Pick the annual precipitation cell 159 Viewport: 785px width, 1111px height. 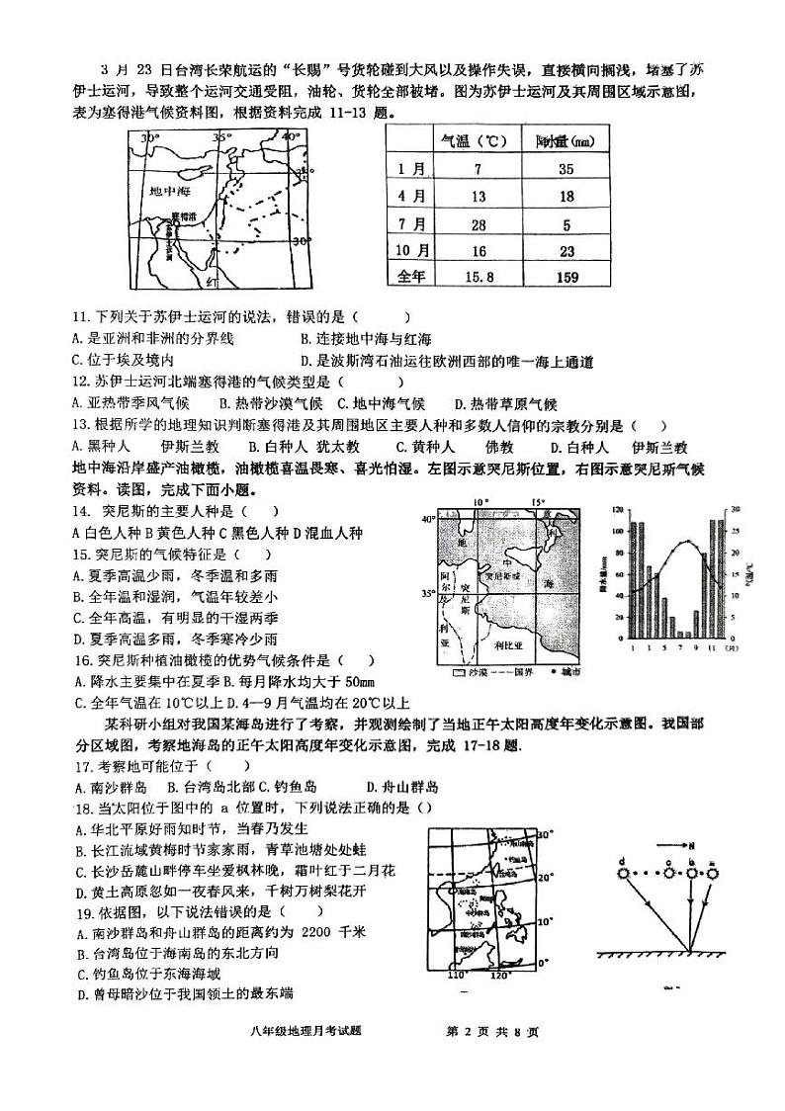point(567,278)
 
